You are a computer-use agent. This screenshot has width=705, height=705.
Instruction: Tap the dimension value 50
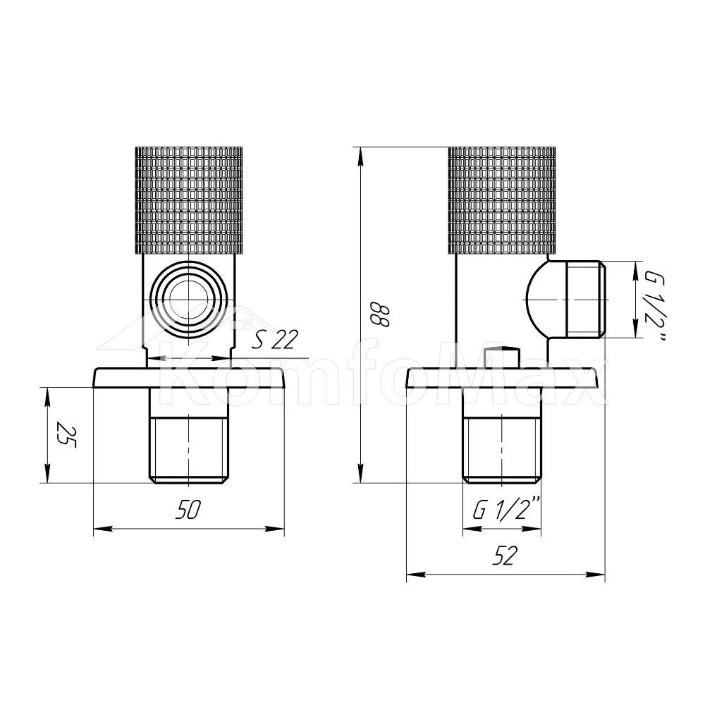[x=188, y=510]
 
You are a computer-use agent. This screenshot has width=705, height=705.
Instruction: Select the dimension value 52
[x=505, y=556]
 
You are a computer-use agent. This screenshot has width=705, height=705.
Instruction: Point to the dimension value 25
[x=66, y=435]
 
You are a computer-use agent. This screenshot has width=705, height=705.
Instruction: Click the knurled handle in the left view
[x=189, y=200]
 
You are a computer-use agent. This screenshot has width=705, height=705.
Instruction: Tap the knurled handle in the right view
[x=502, y=200]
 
